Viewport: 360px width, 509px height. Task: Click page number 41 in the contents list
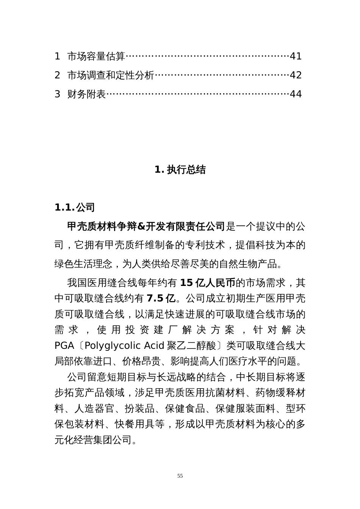coord(296,56)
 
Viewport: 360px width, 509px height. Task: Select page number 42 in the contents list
coord(296,75)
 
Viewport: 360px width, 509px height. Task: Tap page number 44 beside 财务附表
coord(296,94)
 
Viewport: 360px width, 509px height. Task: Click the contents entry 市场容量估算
coord(96,56)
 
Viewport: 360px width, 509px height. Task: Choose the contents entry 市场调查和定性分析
coord(111,75)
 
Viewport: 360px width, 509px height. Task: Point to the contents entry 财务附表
coord(86,94)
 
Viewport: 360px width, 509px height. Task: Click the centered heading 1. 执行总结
coord(180,170)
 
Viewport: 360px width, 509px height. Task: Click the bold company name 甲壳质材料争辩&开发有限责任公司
coord(146,226)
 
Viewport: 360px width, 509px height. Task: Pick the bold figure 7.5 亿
coord(161,298)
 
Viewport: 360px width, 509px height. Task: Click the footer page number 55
coord(180,476)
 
